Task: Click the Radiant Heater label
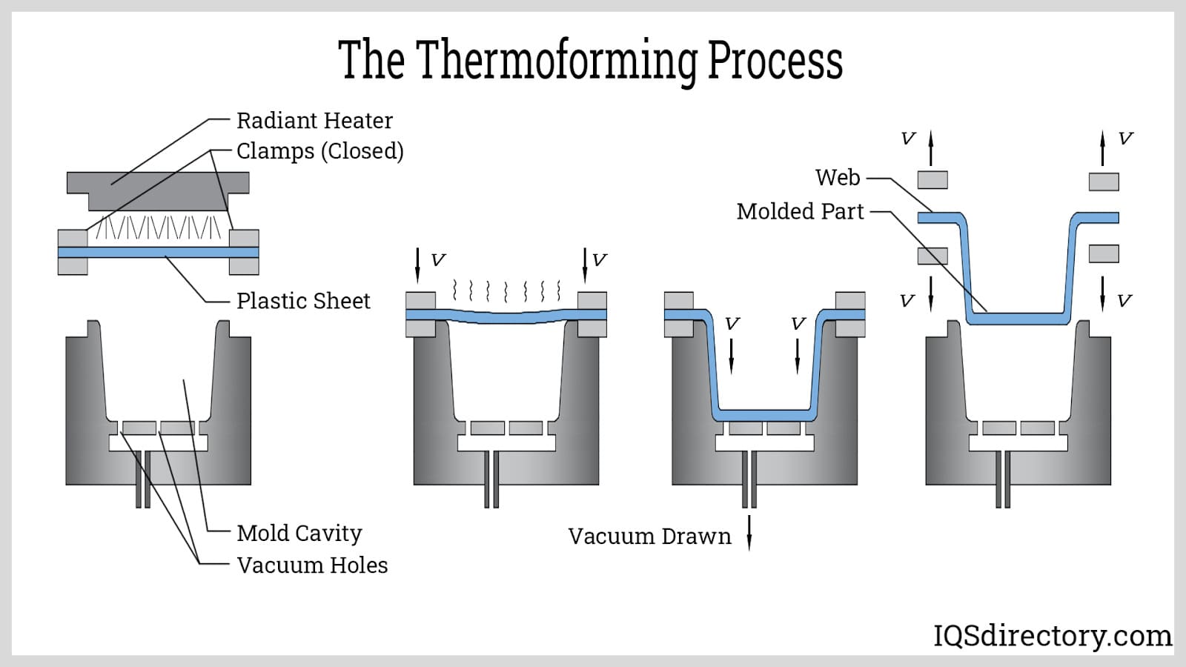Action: (x=314, y=120)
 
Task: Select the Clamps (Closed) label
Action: (x=319, y=151)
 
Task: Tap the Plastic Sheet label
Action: (x=303, y=301)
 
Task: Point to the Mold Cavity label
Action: (x=299, y=533)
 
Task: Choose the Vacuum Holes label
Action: (x=312, y=565)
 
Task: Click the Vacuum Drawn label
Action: (x=649, y=536)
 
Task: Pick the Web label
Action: (x=838, y=178)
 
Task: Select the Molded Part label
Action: (x=800, y=211)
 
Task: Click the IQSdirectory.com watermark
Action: (x=1053, y=636)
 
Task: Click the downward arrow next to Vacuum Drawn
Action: (x=749, y=532)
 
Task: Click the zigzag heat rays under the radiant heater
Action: (x=159, y=228)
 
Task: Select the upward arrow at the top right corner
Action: (x=1102, y=147)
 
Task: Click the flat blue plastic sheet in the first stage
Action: (x=158, y=253)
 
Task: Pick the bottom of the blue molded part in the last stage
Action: (x=1018, y=319)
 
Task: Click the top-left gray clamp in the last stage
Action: (x=932, y=179)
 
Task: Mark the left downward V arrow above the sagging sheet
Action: (x=417, y=265)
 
